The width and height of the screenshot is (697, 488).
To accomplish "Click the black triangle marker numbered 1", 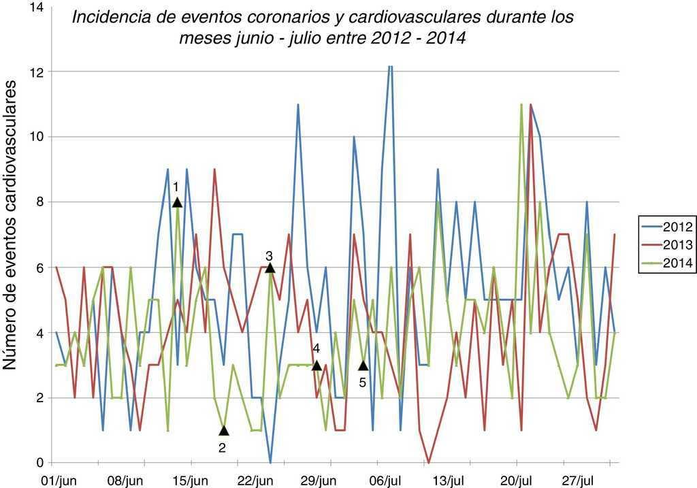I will point(177,202).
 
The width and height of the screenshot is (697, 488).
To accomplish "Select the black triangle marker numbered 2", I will point(224,430).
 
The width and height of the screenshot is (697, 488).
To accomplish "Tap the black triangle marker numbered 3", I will point(270,268).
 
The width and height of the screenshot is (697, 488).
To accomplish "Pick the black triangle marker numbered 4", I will point(317,365).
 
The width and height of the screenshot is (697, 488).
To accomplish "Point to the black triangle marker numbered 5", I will point(363,365).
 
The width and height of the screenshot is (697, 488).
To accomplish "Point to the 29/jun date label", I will point(319,481).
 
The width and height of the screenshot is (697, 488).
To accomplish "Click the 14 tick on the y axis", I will point(36,7).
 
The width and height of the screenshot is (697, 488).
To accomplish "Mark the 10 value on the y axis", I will point(36,137).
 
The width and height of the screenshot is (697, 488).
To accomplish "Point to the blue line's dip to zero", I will point(271,462).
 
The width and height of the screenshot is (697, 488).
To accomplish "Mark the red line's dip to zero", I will point(428,462).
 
